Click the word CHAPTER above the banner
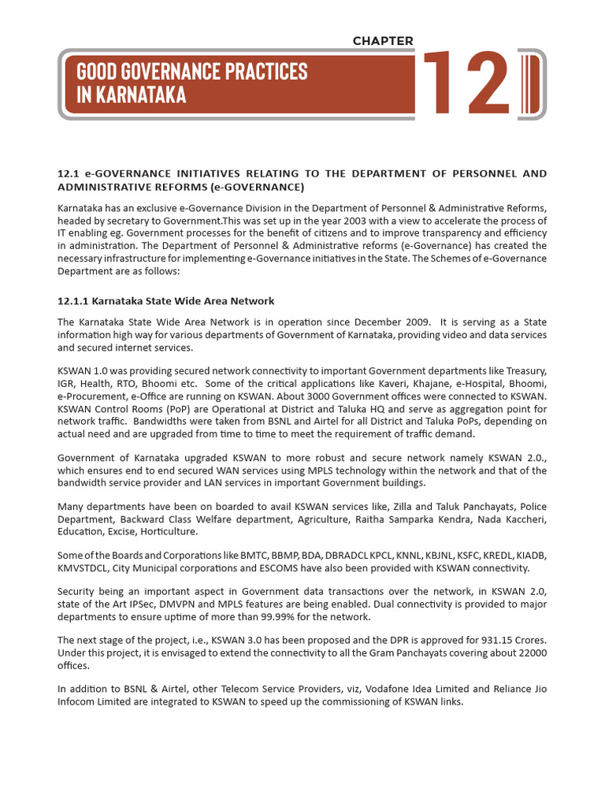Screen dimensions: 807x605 [x=383, y=41]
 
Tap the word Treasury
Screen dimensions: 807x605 [x=525, y=370]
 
